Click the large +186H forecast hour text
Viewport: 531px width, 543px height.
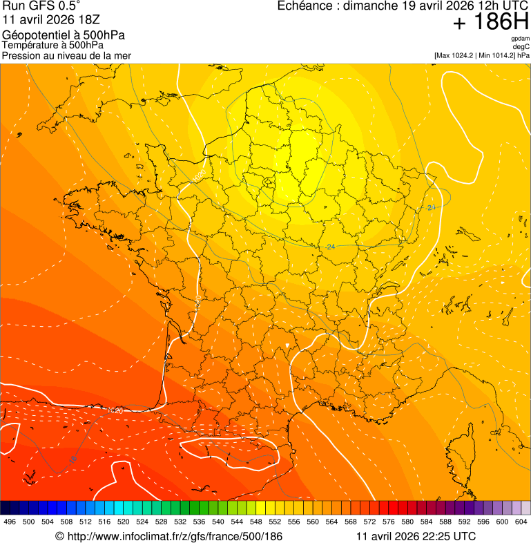(490, 22)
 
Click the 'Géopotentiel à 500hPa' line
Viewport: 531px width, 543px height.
(64, 35)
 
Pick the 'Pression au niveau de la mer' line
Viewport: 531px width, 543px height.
(66, 55)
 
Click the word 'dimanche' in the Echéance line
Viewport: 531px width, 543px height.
(371, 6)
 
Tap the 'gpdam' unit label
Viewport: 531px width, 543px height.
(521, 39)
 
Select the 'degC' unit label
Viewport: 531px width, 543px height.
(521, 46)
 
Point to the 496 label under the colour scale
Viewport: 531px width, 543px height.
(10, 522)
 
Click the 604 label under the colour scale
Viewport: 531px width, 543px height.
(521, 522)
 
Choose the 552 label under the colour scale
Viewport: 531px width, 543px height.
(275, 522)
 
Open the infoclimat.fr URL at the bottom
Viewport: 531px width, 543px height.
(168, 536)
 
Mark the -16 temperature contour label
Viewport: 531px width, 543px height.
(73, 458)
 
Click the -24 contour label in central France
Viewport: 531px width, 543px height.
(331, 247)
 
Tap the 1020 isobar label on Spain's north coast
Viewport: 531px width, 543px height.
(115, 410)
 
